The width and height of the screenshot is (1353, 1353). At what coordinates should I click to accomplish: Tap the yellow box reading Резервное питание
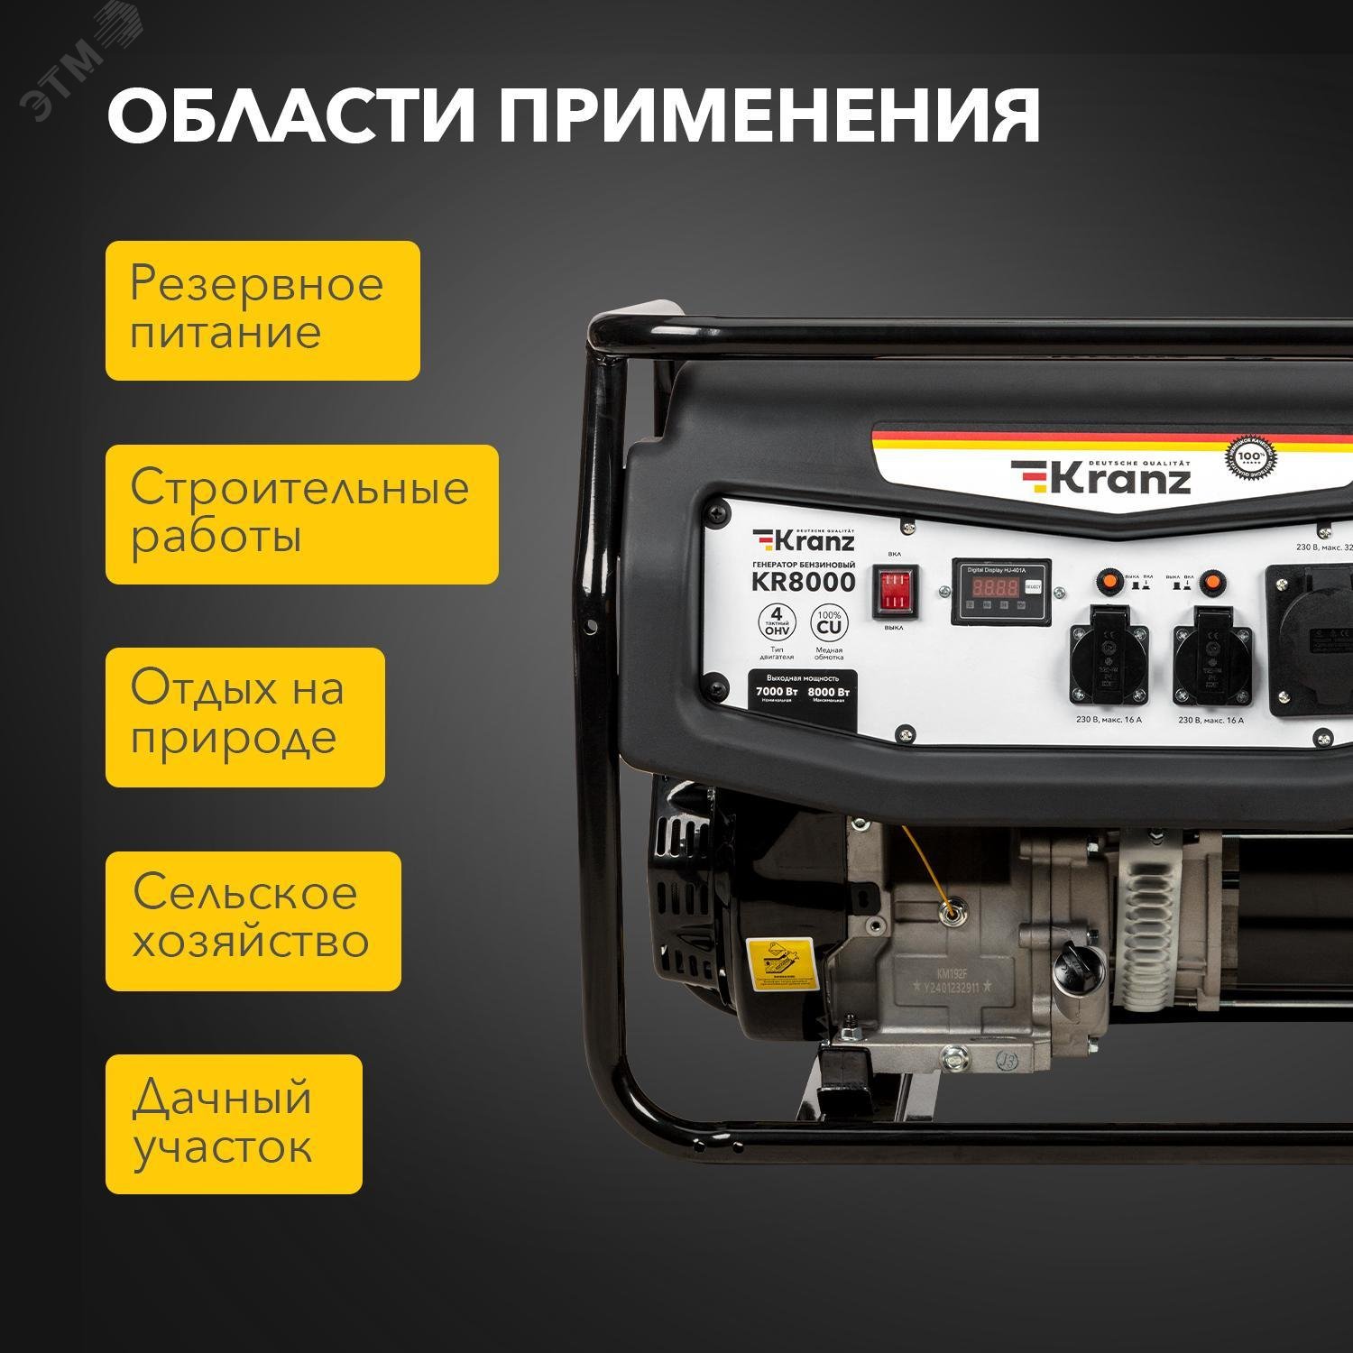(262, 310)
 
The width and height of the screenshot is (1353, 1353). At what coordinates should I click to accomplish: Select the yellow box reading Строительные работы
(301, 514)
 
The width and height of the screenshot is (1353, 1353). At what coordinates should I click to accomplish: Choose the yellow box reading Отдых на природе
(244, 717)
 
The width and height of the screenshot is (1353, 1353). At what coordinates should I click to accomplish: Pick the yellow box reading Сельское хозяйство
(253, 921)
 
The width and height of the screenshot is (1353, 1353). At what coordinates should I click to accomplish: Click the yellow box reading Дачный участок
(234, 1124)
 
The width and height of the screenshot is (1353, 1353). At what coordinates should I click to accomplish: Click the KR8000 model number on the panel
(803, 583)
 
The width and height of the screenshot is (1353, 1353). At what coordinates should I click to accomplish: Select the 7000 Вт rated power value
(777, 692)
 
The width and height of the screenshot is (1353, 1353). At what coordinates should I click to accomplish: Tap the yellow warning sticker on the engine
(780, 962)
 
